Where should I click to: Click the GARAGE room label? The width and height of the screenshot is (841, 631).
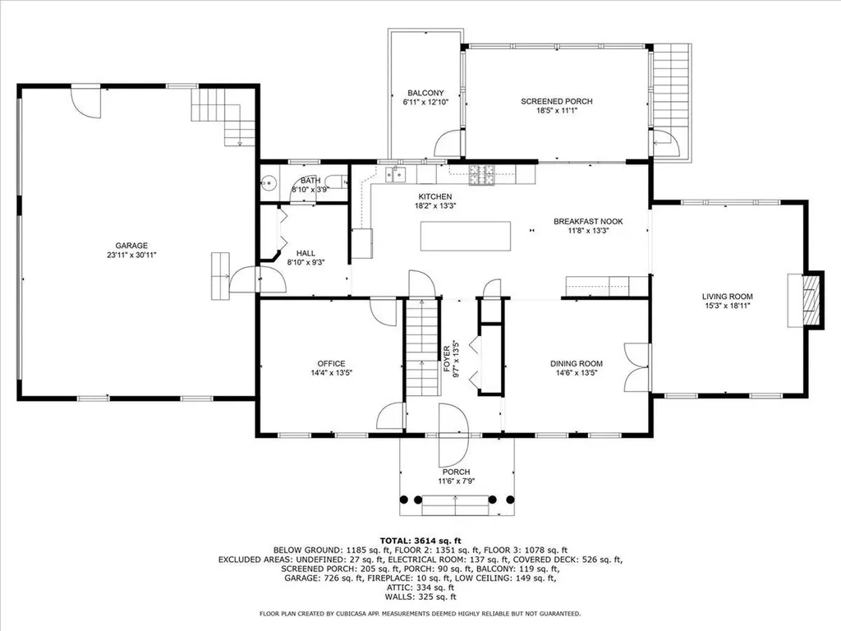[131, 245]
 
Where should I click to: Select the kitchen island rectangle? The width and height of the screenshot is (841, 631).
[466, 236]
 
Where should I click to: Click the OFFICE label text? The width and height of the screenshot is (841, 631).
[331, 364]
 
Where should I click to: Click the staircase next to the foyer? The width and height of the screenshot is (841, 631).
[420, 336]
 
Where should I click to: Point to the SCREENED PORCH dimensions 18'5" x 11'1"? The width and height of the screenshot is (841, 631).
[556, 113]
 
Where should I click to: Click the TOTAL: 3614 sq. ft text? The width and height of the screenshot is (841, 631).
[420, 539]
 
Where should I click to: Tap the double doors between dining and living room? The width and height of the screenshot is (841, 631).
[636, 366]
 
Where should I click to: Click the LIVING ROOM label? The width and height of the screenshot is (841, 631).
[727, 297]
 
